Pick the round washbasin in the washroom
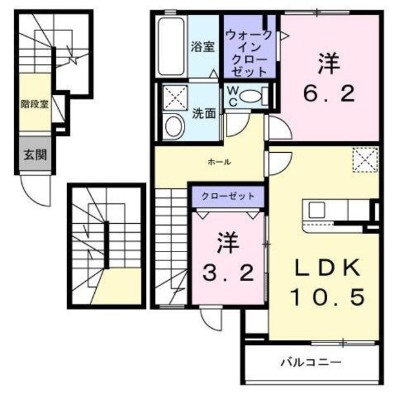pos(173,126)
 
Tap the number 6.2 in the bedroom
pos(328,94)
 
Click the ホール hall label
pos(219,162)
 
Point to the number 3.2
pos(228,274)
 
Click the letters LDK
pos(327,266)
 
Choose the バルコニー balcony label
pos(310,362)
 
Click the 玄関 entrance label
pos(35,154)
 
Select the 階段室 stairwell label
pos(35,103)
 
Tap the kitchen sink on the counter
pos(317,210)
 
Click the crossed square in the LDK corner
pos(364,158)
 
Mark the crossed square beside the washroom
pos(173,97)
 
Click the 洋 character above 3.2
pos(228,243)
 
